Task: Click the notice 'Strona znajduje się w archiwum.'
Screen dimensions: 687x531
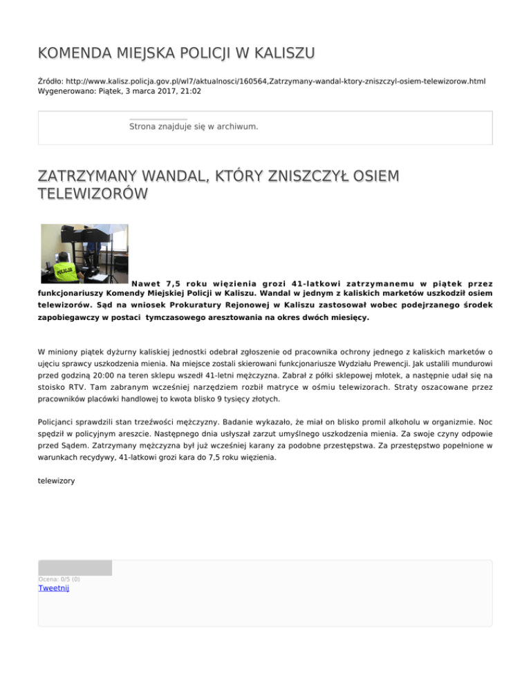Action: click(194, 126)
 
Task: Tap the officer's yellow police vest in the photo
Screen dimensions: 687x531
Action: click(66, 271)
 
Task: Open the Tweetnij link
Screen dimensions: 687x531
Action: click(53, 588)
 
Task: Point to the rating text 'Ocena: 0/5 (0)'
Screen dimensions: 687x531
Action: click(59, 579)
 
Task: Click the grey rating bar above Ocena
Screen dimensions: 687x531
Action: click(75, 567)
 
